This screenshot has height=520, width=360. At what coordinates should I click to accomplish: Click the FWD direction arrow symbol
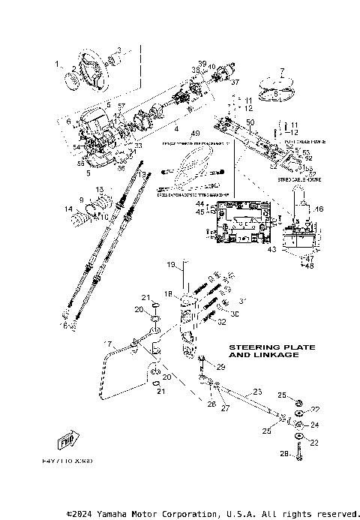(x=69, y=441)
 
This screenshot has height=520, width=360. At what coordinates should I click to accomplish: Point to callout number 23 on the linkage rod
(x=257, y=392)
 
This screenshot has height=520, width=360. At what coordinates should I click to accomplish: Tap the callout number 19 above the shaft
(x=170, y=265)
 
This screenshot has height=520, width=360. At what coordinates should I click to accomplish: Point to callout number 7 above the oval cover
(x=282, y=71)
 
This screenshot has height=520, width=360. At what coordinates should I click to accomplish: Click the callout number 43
(x=272, y=248)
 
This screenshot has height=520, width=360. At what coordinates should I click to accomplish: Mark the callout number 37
(x=235, y=82)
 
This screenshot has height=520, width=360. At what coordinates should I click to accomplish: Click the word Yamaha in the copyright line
(x=118, y=514)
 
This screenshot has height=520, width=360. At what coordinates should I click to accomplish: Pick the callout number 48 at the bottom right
(x=308, y=264)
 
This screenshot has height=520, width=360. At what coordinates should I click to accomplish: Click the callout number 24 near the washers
(x=315, y=425)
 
